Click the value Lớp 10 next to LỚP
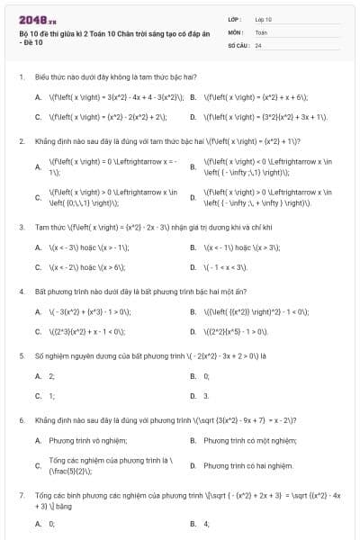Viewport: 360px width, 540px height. point(263,18)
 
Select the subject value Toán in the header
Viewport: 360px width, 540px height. point(261,31)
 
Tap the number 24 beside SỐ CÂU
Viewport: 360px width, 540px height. point(258,44)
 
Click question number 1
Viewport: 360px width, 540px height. point(21,78)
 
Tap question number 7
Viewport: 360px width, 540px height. point(21,496)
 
